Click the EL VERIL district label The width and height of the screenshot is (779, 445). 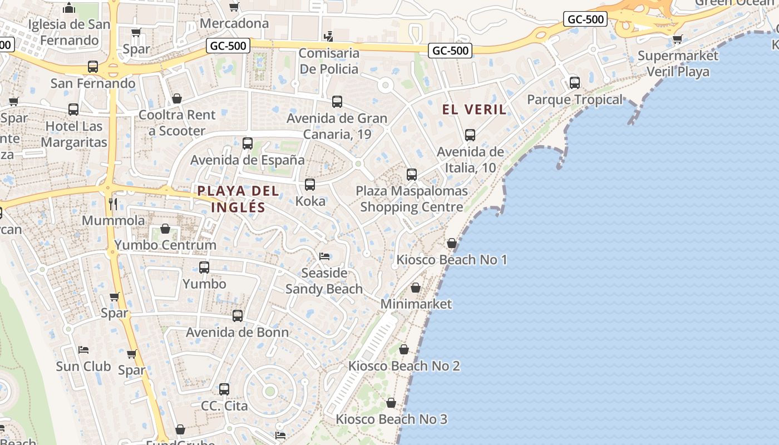click(474, 110)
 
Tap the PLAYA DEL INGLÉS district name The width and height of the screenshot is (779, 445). click(238, 199)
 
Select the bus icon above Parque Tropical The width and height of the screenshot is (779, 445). click(575, 83)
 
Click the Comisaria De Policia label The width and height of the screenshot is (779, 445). click(329, 61)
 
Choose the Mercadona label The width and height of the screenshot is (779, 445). click(234, 23)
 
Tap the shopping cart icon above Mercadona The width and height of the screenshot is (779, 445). click(234, 7)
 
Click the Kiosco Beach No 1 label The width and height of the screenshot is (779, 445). click(451, 260)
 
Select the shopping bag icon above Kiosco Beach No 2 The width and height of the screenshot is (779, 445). click(404, 349)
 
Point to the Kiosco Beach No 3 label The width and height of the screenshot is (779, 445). click(391, 419)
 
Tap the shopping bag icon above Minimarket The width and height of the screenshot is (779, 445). click(416, 288)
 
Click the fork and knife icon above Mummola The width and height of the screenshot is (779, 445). click(113, 204)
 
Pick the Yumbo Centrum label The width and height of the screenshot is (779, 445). click(165, 245)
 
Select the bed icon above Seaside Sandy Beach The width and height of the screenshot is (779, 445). click(324, 256)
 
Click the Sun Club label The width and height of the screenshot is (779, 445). click(83, 367)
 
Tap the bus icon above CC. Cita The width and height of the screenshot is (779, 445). click(224, 389)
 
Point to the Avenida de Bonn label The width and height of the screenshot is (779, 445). click(237, 333)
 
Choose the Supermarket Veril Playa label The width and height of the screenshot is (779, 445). click(678, 63)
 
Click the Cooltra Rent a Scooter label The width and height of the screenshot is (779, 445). click(177, 123)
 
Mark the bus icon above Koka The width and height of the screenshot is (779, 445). click(310, 185)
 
